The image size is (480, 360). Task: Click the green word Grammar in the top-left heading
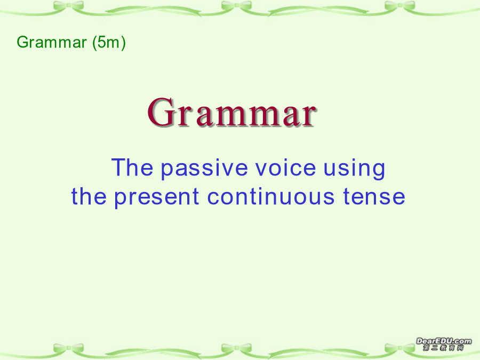[52, 42]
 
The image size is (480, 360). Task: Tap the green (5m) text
[109, 43]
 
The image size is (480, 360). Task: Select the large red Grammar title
[231, 112]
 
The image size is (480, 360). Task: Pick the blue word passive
[204, 169]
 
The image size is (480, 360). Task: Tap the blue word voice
[286, 167]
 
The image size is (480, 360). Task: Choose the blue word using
[354, 169]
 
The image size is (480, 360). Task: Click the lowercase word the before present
[89, 196]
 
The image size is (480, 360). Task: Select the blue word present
[157, 197]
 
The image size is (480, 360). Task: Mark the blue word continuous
[271, 196]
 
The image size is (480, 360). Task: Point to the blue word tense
[374, 196]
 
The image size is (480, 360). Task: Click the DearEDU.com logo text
[444, 341]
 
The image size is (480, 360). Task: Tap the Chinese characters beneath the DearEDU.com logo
[444, 348]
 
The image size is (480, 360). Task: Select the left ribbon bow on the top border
[68, 6]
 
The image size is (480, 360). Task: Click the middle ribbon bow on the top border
[236, 6]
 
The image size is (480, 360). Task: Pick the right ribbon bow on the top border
[400, 6]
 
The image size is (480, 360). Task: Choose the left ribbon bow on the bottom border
[68, 348]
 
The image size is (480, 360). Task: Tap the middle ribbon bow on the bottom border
[236, 348]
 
